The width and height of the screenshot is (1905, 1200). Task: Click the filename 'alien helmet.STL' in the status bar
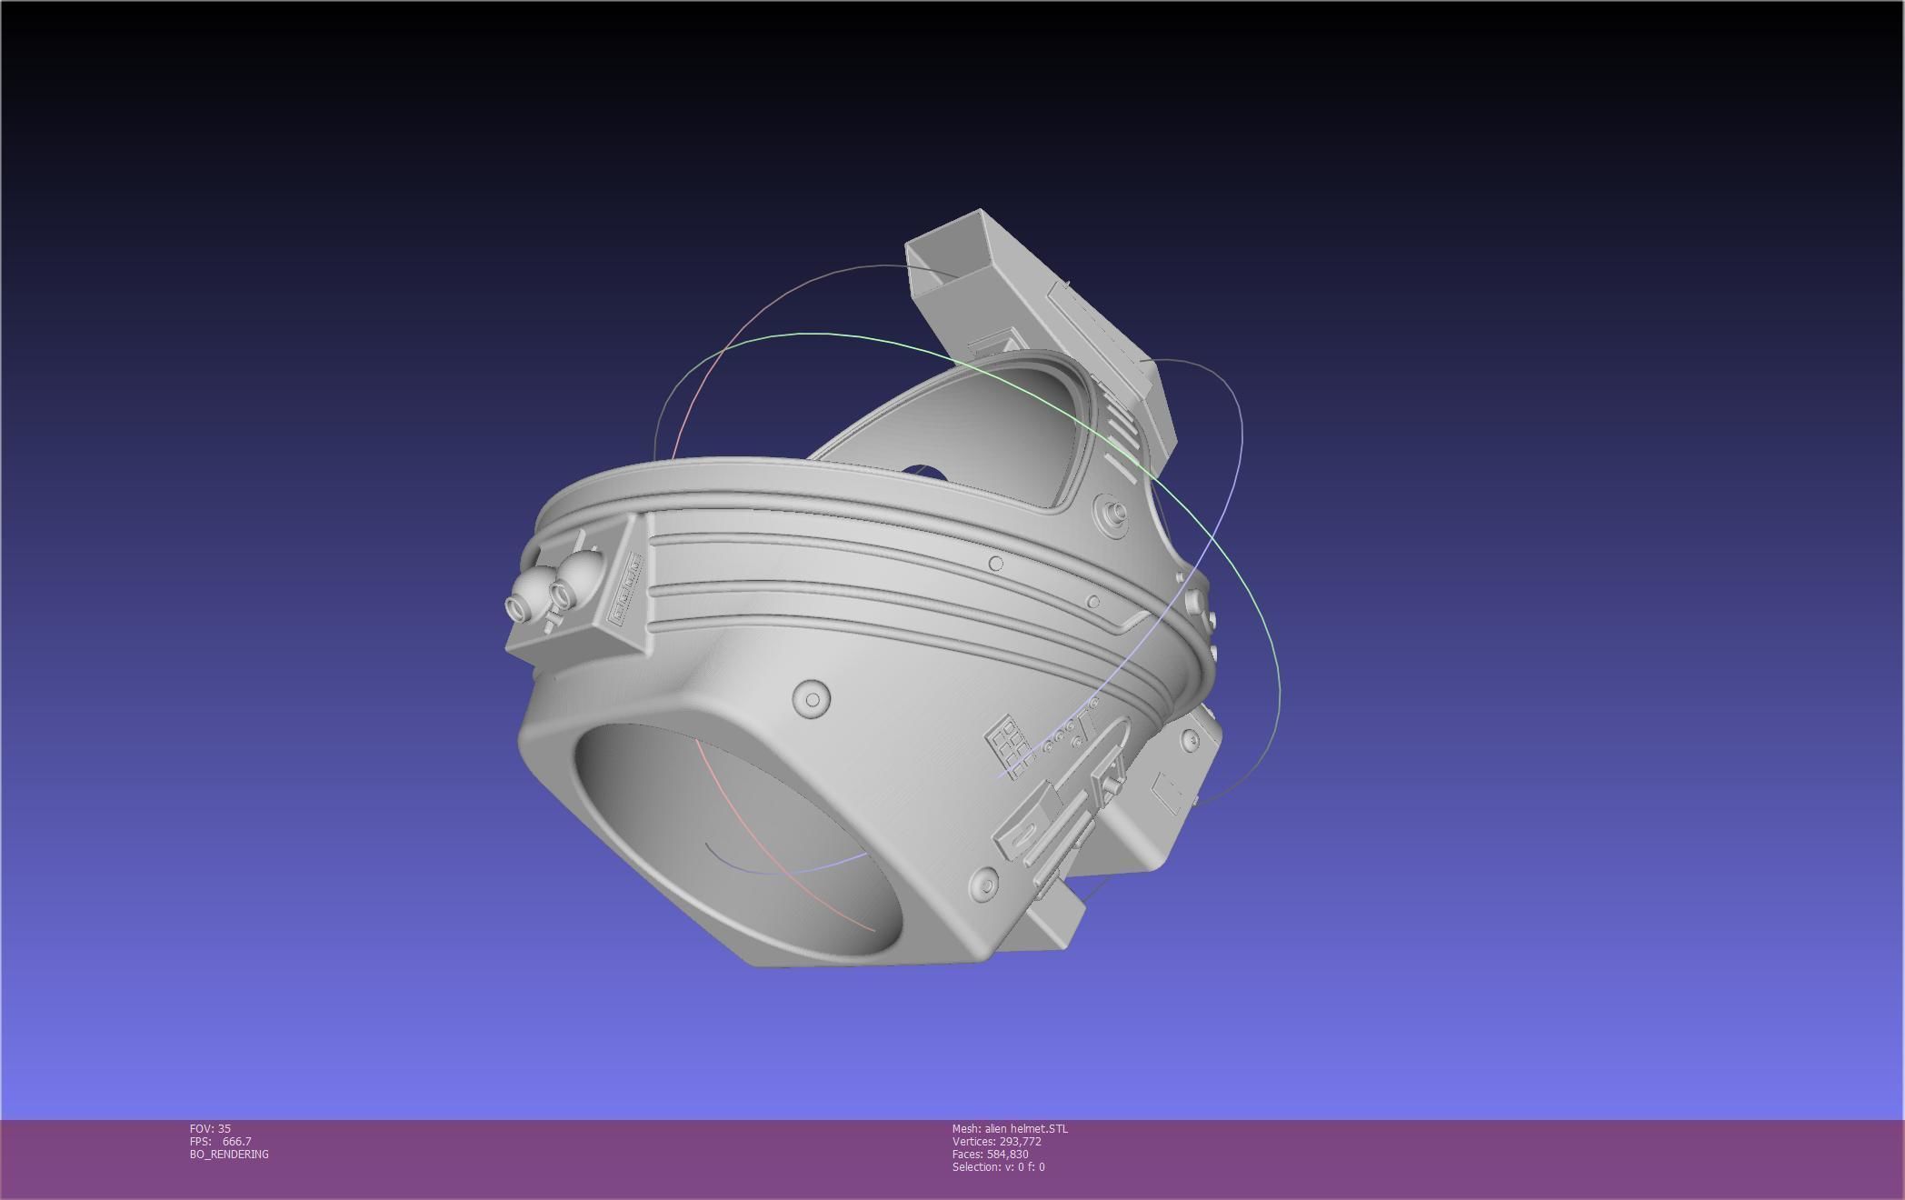1026,1128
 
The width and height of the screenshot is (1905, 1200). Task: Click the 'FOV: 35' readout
210,1128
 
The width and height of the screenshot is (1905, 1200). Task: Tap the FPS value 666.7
236,1141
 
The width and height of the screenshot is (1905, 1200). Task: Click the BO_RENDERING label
229,1154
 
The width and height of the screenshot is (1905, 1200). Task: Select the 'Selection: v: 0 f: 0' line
998,1166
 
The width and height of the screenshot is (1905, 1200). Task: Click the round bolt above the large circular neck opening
811,699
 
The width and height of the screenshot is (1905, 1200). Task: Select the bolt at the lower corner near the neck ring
983,885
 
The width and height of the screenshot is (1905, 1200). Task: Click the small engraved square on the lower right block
1168,794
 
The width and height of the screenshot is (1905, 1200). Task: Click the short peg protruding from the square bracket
551,622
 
